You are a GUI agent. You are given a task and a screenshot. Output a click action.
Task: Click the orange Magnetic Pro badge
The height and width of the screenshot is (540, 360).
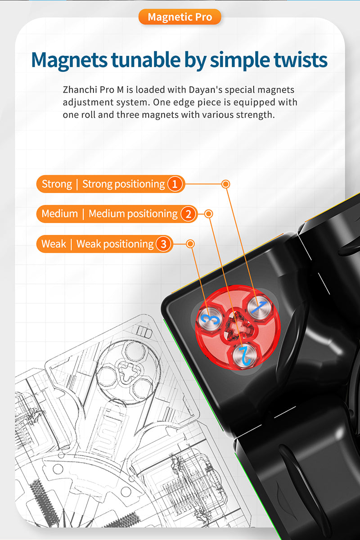[x=179, y=17]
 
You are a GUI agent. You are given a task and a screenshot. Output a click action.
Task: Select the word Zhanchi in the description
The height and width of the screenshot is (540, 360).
[x=77, y=90]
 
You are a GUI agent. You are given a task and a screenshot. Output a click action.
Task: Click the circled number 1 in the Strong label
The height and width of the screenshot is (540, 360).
[x=175, y=184]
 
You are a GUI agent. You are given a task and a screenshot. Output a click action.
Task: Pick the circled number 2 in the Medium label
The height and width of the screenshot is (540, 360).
[x=189, y=214]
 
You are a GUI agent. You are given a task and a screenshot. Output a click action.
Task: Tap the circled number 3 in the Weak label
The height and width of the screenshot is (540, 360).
[x=164, y=244]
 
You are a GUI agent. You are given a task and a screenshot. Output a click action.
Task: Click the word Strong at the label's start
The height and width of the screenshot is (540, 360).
[x=57, y=184]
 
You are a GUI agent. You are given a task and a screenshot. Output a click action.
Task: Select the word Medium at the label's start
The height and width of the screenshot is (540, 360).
[x=60, y=214]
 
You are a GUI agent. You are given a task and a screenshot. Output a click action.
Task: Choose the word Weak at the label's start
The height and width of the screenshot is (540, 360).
[x=54, y=244]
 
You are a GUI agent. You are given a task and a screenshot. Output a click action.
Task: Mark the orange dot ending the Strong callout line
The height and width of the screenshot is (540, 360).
[x=226, y=184]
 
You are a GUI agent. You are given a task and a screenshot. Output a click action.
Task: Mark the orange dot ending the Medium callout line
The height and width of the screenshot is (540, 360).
[x=208, y=214]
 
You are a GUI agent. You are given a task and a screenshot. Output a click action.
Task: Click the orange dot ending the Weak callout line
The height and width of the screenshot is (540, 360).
[x=190, y=244]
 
